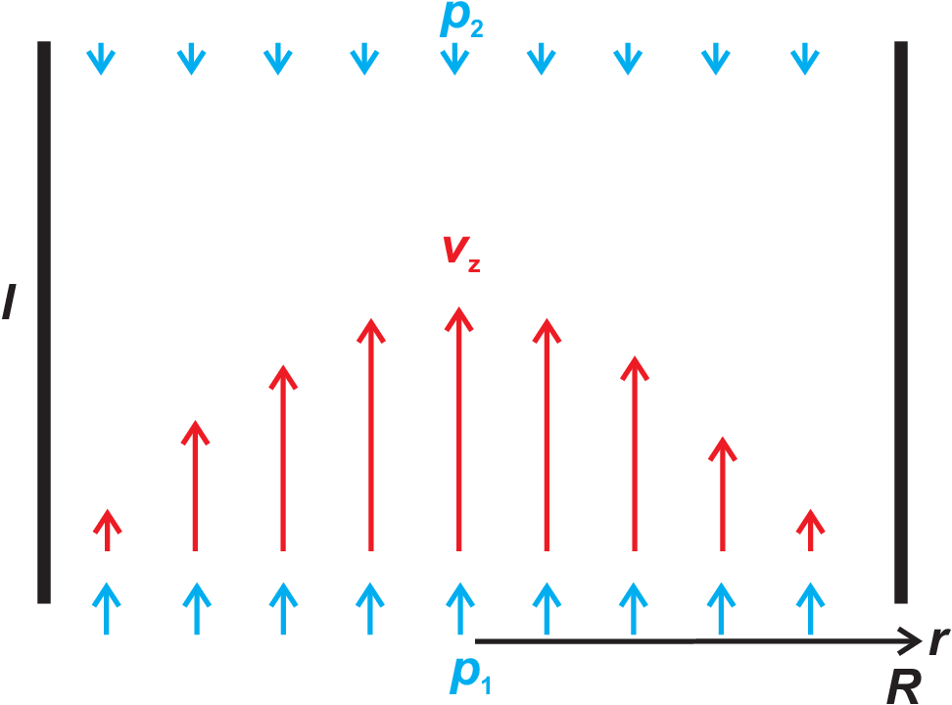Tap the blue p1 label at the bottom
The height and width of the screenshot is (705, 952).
(x=470, y=675)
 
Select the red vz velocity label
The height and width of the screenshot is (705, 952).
(x=461, y=253)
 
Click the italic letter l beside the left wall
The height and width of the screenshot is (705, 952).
(x=10, y=302)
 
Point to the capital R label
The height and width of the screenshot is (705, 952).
(x=903, y=686)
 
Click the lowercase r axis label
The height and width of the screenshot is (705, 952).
(x=939, y=640)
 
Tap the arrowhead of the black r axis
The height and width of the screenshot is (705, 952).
(x=921, y=640)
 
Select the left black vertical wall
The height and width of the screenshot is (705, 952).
(x=44, y=322)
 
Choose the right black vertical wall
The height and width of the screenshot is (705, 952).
(x=901, y=322)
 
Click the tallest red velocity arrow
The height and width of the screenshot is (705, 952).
(x=459, y=429)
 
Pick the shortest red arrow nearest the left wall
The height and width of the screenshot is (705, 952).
(x=108, y=530)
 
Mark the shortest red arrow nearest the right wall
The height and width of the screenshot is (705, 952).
(x=811, y=530)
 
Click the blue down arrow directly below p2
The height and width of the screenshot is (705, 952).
(x=454, y=59)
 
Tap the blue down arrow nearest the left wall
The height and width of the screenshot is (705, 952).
(x=101, y=59)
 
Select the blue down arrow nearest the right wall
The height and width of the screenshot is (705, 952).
(x=805, y=59)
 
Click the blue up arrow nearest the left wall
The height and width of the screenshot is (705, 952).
(x=106, y=608)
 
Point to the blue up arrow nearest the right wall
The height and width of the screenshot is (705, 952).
(x=811, y=608)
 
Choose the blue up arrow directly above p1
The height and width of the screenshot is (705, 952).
(x=460, y=608)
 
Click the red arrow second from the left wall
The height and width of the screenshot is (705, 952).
(x=195, y=486)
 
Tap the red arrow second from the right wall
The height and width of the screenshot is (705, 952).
(x=723, y=493)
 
